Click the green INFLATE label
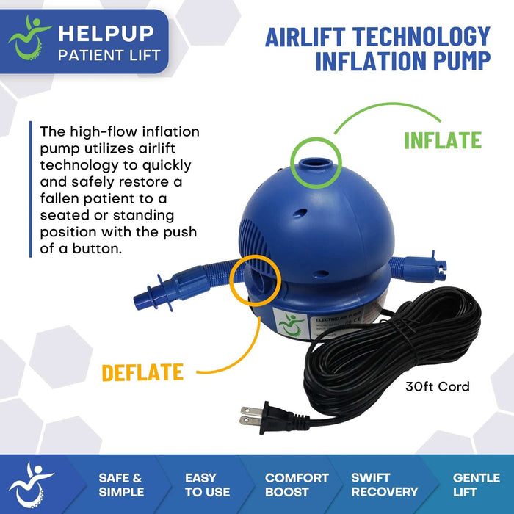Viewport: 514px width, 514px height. coord(443,140)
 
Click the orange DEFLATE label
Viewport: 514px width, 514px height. coord(142,372)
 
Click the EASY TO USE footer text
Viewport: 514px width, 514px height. coord(207,485)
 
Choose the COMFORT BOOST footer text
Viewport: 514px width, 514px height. coord(297,485)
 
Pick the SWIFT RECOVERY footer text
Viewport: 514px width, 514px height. coord(384,485)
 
